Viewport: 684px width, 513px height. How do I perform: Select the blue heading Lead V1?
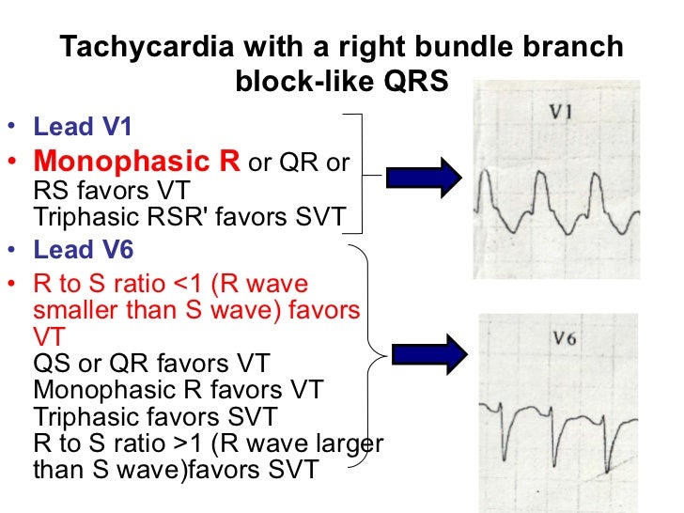point(76,127)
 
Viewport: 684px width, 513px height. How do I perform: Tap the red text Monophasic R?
point(137,162)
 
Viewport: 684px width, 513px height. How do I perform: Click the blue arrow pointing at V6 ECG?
point(427,353)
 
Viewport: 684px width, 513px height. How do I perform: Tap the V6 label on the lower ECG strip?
point(564,341)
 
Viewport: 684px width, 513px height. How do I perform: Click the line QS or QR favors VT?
point(151,363)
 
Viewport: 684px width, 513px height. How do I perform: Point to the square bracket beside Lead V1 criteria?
point(358,174)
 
